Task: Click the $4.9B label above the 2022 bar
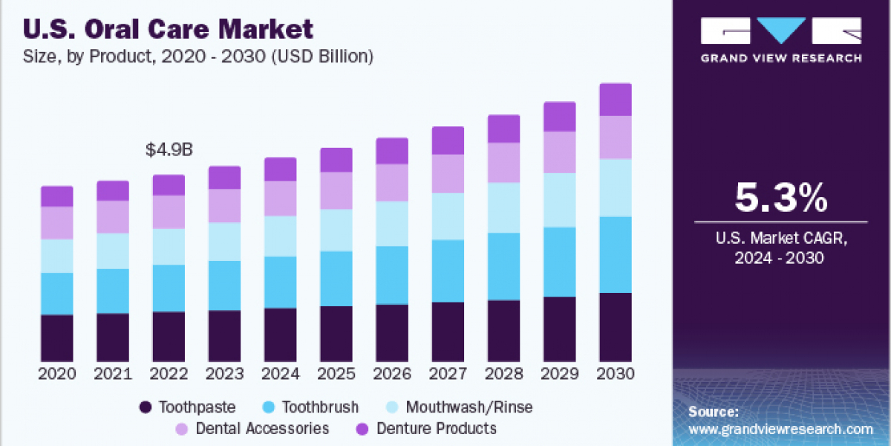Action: (x=169, y=149)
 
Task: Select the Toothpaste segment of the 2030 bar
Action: (x=615, y=327)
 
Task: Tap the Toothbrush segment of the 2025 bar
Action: (x=336, y=279)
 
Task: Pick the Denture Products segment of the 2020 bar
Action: (x=57, y=196)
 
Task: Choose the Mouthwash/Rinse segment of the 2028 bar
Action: (x=503, y=208)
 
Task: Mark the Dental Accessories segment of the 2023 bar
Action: (x=224, y=206)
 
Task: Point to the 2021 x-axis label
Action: (x=113, y=373)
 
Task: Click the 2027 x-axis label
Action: (x=448, y=373)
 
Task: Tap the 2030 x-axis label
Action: (x=616, y=373)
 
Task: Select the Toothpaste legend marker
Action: (x=146, y=407)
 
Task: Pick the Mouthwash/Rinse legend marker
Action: (x=394, y=407)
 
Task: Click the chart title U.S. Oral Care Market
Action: (x=169, y=29)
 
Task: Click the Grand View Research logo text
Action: (x=781, y=58)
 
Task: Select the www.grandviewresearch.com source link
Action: (x=780, y=429)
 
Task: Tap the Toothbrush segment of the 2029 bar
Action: (x=559, y=262)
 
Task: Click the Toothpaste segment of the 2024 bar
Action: (x=280, y=334)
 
